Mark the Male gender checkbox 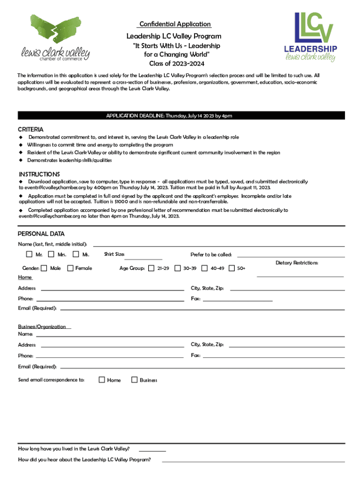point(44,269)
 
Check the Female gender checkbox point(70,269)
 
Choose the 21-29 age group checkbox point(151,269)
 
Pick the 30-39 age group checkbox point(177,269)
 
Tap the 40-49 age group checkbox point(204,269)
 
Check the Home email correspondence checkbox point(101,380)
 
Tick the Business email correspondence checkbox point(134,380)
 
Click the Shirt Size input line point(144,258)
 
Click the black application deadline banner point(181,116)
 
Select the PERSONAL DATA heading point(41,234)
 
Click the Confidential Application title point(174,24)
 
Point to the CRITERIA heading point(31,129)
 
